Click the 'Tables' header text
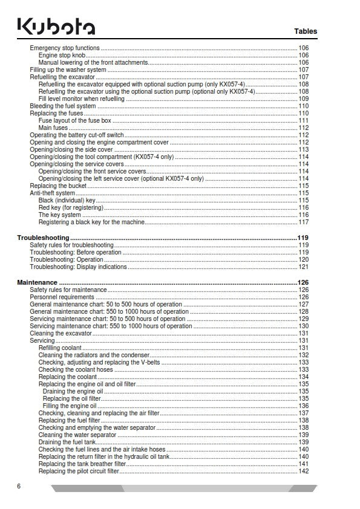coord(306,31)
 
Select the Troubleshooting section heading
coord(44,238)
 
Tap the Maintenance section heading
coord(38,282)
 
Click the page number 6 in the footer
coord(19,486)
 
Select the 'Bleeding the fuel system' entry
coord(63,106)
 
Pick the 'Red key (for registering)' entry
coord(71,207)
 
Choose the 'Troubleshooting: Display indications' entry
coord(79,267)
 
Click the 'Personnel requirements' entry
coord(62,297)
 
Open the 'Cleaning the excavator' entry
coord(61,333)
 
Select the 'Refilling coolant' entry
coord(59,348)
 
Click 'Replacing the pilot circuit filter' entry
coord(79,471)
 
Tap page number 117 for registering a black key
coord(304,222)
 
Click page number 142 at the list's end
coord(304,471)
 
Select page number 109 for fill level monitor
coord(304,99)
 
